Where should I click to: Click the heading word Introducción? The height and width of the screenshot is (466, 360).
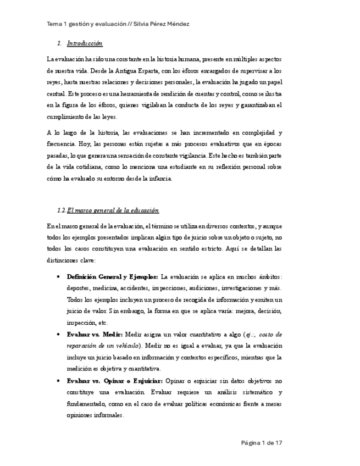[85, 43]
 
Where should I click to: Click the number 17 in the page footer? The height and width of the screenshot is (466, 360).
[279, 442]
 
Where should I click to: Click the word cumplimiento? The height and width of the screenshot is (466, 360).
[68, 116]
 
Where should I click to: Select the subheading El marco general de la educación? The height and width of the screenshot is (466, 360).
[113, 210]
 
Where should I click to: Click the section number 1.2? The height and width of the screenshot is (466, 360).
[62, 210]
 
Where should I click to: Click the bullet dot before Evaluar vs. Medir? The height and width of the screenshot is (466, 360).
[58, 334]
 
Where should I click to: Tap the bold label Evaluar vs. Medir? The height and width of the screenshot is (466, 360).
[95, 334]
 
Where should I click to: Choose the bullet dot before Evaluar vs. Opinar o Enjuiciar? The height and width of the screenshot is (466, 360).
[58, 380]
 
